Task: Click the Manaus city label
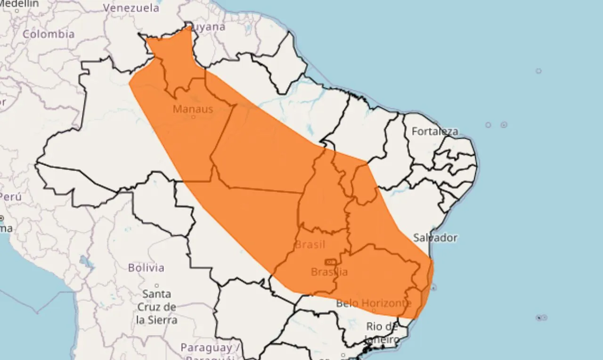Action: click(193, 109)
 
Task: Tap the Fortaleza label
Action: click(435, 131)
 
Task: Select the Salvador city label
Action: click(435, 237)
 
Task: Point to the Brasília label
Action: click(329, 272)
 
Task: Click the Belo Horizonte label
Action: click(374, 303)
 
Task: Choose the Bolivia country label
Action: click(146, 268)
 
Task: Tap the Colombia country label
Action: click(49, 34)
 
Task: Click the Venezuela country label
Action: click(131, 8)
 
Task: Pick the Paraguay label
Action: click(206, 348)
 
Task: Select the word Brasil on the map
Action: click(310, 245)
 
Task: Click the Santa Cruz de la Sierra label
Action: click(156, 307)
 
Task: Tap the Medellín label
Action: click(19, 3)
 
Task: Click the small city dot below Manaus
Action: click(193, 117)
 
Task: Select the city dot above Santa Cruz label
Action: click(156, 286)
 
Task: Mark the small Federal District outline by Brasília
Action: click(330, 262)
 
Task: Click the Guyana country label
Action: click(208, 27)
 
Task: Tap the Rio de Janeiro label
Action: click(382, 332)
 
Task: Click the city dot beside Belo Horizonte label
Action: click(374, 310)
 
